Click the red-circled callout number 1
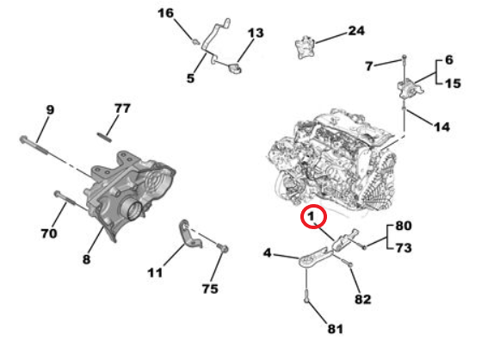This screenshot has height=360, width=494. coord(311,216)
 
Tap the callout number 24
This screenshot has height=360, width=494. coord(356,31)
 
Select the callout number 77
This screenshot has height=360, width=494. coord(122,109)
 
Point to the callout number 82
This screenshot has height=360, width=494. coord(363,299)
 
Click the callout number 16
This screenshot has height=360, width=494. coord(166,13)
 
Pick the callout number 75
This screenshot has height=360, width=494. coord(210,289)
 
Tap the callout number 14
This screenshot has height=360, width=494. coord(442,127)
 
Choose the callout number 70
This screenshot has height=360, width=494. coord(49,233)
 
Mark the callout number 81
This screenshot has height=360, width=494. coord(336,329)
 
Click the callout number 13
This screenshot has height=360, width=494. coord(256,33)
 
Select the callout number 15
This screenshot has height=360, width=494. coord(453,84)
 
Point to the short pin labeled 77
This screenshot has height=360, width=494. coord(104,137)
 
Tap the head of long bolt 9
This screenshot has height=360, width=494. coord(23,139)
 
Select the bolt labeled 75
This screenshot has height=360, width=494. coord(222,247)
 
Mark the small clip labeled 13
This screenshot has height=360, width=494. coord(235,68)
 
